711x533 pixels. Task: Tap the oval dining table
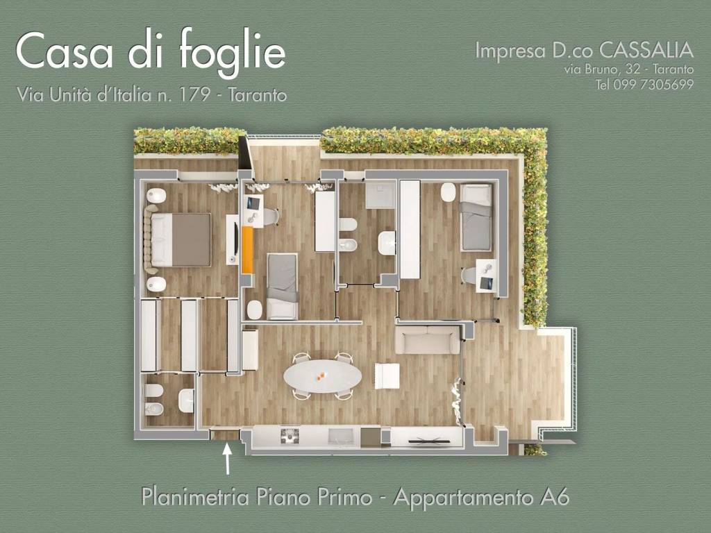(322, 377)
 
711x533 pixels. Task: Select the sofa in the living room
(427, 340)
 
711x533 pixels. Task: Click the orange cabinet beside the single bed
(247, 250)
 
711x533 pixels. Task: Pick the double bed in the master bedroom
(181, 239)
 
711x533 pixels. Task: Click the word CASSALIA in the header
(646, 50)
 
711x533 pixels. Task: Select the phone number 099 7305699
(654, 85)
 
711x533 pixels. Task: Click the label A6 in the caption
(553, 497)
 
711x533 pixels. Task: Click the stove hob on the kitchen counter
(289, 435)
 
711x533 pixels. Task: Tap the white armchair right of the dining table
(387, 375)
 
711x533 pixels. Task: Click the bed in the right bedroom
(476, 217)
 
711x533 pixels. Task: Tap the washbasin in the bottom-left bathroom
(186, 400)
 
